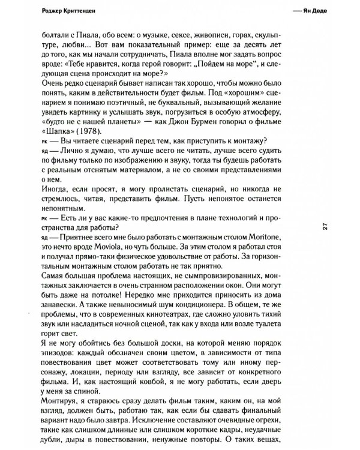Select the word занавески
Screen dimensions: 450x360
pyautogui.click(x=60, y=305)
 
